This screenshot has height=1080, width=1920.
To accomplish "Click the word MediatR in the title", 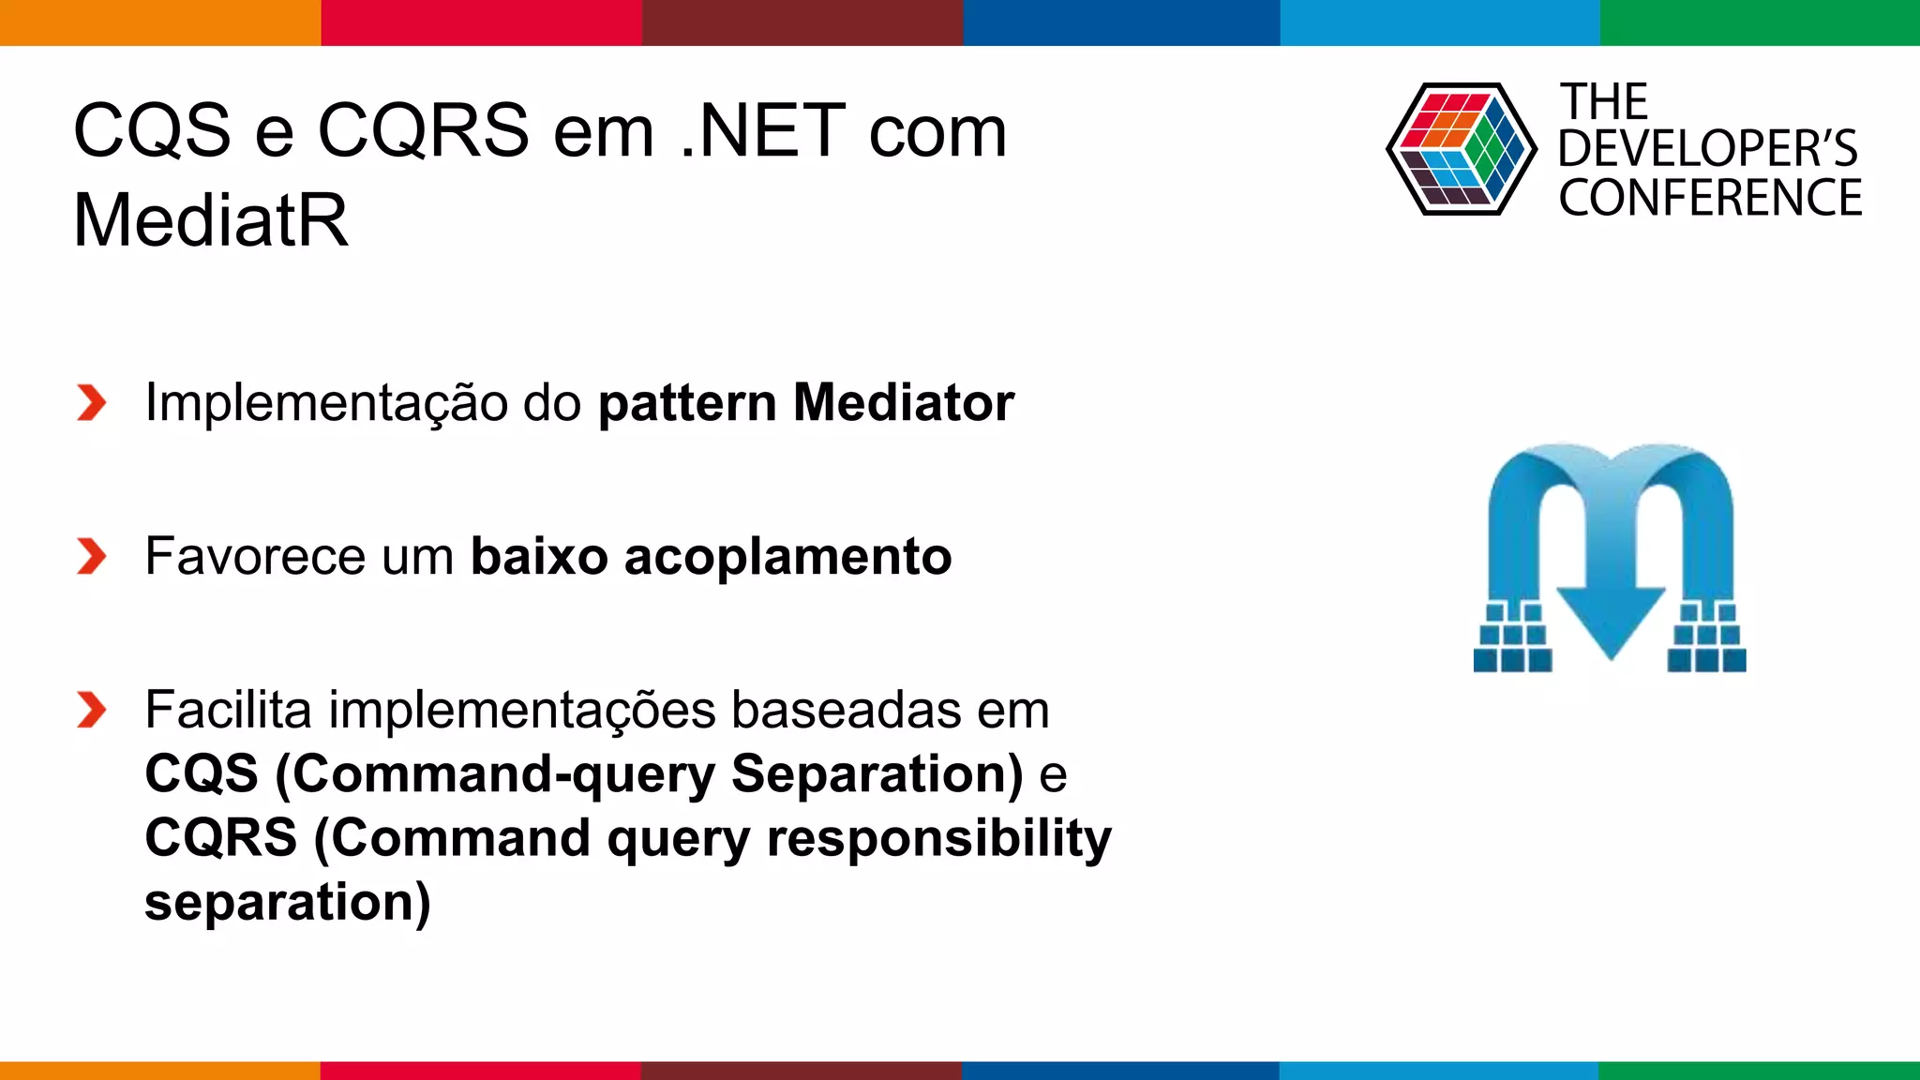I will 211,220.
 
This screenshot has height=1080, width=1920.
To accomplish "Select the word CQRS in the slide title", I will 424,131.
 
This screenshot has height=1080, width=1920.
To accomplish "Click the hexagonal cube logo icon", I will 1461,149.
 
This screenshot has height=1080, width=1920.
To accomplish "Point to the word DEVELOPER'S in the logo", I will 1707,149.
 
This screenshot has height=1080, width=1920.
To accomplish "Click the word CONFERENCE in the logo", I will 1710,199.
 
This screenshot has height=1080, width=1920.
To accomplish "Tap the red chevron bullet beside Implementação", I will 91,403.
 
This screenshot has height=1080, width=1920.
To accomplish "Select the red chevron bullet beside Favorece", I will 91,557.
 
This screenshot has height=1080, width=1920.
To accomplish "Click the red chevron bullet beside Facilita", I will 91,710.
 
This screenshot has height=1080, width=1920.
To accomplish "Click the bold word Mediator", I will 903,403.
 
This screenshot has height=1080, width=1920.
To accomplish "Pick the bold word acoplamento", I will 787,557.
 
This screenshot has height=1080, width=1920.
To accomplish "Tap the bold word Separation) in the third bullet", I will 877,774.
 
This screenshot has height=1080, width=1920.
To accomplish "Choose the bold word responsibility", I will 938,837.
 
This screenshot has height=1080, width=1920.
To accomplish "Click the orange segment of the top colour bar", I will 159,22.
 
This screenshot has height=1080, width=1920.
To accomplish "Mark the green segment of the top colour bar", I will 1760,22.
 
